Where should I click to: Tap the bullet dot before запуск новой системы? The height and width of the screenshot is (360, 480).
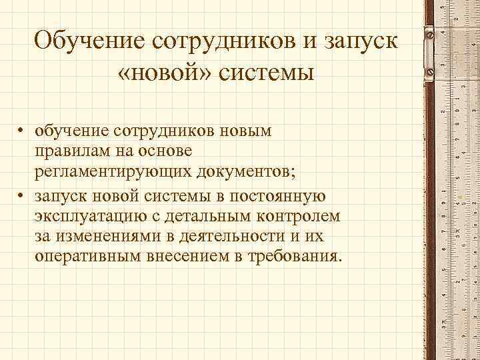22,196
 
